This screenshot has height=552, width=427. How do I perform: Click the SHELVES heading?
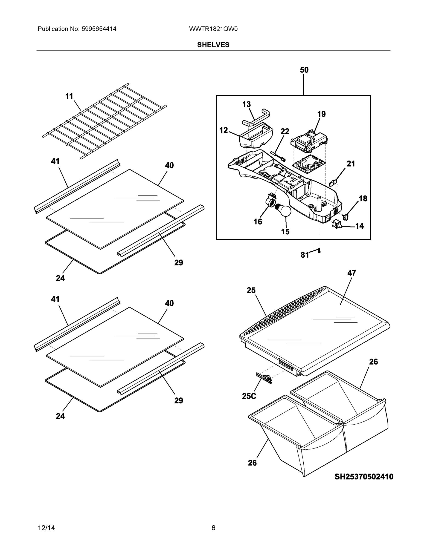(213, 45)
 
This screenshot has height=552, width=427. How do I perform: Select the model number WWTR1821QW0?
(213, 29)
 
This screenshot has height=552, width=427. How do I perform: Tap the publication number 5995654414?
(99, 29)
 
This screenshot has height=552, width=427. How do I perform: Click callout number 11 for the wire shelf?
(69, 96)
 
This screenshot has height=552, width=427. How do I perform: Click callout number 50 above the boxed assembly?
(304, 70)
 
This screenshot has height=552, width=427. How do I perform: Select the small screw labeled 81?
(319, 251)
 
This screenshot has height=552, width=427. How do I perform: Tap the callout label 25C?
(249, 396)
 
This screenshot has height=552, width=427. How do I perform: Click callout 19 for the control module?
(321, 114)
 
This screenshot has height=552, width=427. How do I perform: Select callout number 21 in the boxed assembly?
(351, 164)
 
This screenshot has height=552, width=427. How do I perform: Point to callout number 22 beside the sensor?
(285, 131)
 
